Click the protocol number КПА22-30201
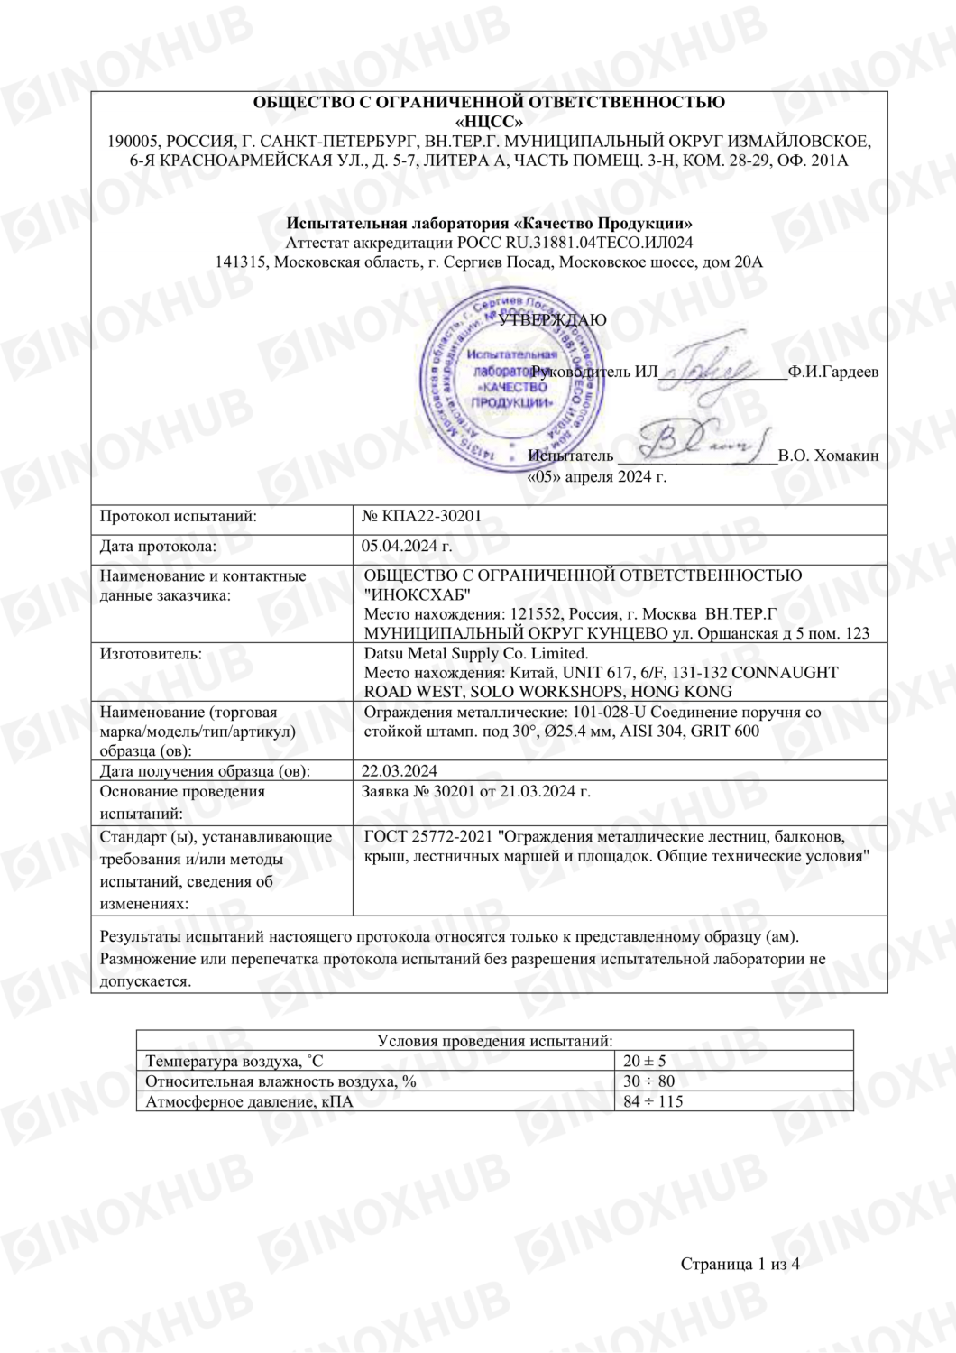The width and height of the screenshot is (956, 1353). pyautogui.click(x=432, y=516)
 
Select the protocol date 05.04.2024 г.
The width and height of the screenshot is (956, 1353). pyautogui.click(x=407, y=546)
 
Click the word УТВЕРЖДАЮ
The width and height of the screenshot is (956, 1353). pyautogui.click(x=552, y=319)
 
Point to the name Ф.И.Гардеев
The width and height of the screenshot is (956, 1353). pyautogui.click(x=832, y=372)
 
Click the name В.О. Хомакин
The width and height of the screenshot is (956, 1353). pyautogui.click(x=828, y=456)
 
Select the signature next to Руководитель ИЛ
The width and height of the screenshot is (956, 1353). pyautogui.click(x=717, y=369)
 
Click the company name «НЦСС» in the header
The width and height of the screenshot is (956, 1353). pyautogui.click(x=489, y=122)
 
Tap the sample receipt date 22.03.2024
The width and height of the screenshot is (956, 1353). pyautogui.click(x=400, y=771)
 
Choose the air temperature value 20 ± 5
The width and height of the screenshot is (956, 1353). pyautogui.click(x=644, y=1061)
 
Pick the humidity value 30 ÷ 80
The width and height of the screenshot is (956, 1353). pyautogui.click(x=648, y=1081)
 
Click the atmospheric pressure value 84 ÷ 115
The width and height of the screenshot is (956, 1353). pyautogui.click(x=653, y=1101)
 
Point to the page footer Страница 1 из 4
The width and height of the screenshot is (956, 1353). pyautogui.click(x=740, y=1264)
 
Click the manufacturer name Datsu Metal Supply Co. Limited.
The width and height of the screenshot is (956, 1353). pyautogui.click(x=476, y=653)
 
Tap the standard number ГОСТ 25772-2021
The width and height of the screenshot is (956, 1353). pyautogui.click(x=428, y=836)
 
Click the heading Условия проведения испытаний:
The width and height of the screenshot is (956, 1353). pyautogui.click(x=494, y=1040)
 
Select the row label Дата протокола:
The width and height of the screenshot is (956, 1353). pyautogui.click(x=158, y=546)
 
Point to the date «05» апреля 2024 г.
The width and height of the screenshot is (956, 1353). pyautogui.click(x=596, y=476)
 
